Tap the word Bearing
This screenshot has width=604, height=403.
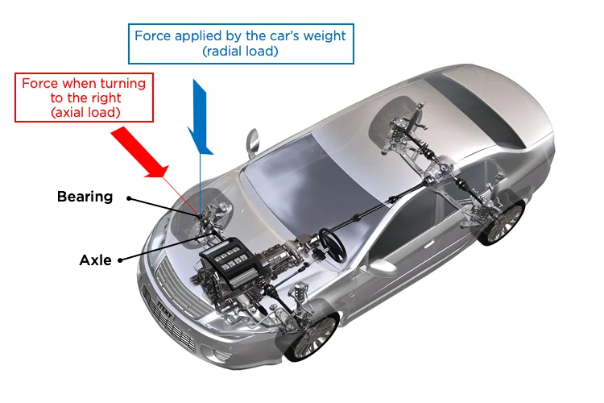85,197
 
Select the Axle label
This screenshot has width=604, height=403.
95,260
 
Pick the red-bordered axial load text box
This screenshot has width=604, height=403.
85,98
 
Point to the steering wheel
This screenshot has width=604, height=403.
332,239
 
